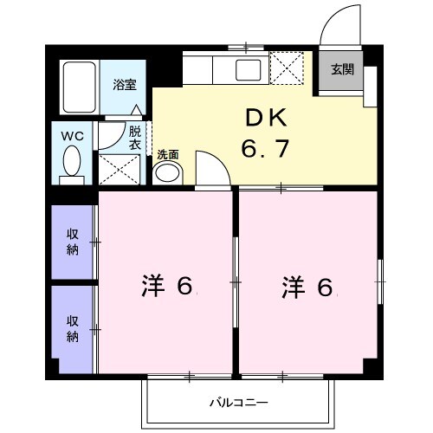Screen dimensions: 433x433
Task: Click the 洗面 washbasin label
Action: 168,155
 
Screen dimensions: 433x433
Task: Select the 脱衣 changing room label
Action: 135,139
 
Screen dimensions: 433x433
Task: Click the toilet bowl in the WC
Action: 73,162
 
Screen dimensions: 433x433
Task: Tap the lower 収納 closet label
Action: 74,328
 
